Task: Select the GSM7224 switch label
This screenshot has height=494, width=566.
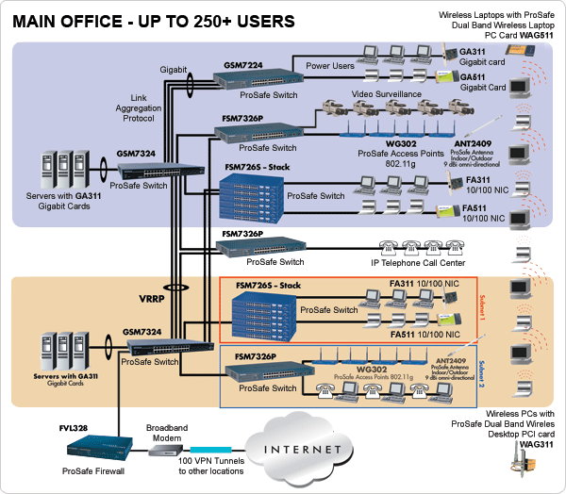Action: pyautogui.click(x=243, y=64)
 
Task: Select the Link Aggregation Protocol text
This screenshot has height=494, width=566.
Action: pyautogui.click(x=153, y=106)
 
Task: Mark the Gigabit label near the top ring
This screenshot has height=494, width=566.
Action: pyautogui.click(x=173, y=70)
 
